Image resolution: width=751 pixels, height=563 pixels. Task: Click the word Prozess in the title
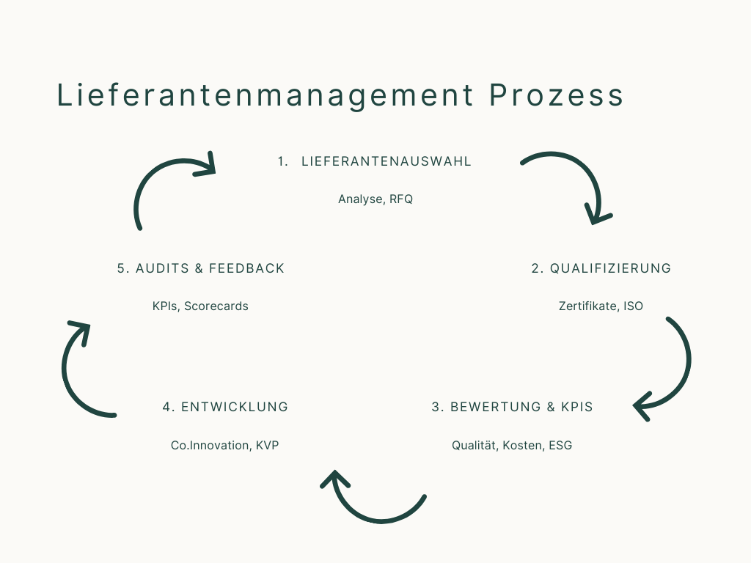click(556, 96)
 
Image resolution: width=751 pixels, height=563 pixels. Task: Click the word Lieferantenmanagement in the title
click(265, 96)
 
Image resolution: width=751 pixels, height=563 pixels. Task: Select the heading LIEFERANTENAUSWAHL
click(387, 162)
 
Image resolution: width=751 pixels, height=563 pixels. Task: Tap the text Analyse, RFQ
click(375, 199)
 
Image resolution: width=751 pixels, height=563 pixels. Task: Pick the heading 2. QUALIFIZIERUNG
click(601, 268)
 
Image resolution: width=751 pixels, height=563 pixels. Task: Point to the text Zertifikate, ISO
click(601, 306)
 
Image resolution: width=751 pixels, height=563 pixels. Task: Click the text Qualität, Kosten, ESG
click(512, 446)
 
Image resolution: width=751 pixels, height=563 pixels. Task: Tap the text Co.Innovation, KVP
click(224, 446)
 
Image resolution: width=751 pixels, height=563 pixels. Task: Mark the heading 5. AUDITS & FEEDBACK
click(200, 268)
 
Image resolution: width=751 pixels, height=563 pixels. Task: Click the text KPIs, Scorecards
click(200, 306)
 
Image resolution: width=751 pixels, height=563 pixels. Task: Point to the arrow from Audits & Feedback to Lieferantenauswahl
click(158, 180)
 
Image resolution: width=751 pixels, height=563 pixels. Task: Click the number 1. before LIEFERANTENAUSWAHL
click(283, 162)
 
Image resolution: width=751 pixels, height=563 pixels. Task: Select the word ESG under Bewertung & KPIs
click(560, 446)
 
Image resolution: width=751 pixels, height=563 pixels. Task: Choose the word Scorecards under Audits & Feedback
click(216, 306)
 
